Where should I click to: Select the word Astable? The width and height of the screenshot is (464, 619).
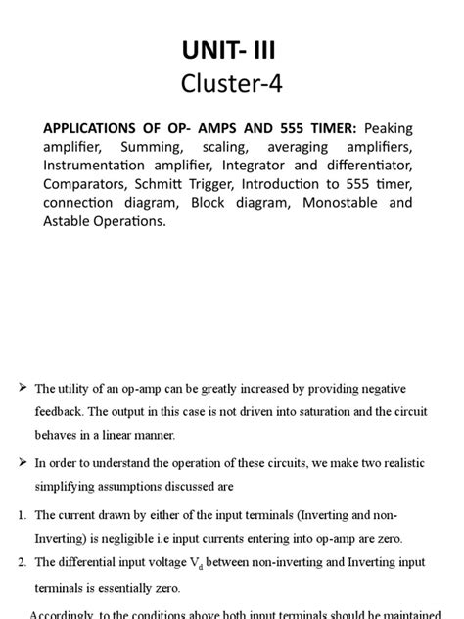70,221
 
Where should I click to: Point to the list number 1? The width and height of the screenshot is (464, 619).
23,514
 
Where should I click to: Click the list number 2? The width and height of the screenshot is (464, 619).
23,561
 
